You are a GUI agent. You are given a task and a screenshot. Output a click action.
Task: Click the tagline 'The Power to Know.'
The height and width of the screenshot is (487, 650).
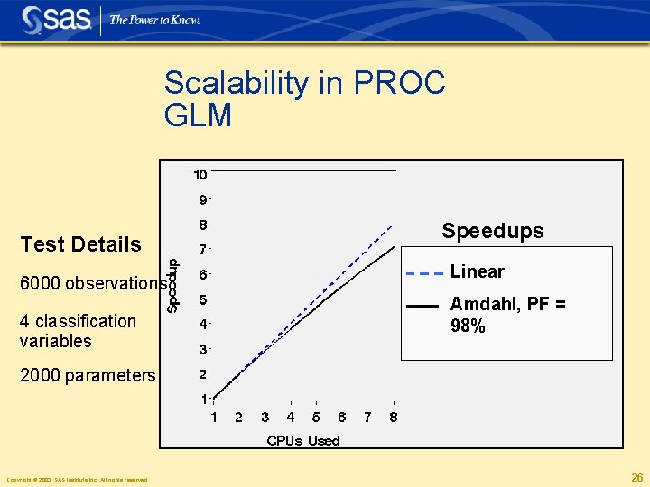coord(154,20)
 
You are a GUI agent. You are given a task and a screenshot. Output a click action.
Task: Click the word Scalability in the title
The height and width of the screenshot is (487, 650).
coord(236,84)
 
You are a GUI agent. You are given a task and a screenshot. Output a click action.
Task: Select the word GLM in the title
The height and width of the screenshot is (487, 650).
coord(198,115)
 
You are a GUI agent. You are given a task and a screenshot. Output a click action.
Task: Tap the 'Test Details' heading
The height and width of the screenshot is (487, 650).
coord(80,244)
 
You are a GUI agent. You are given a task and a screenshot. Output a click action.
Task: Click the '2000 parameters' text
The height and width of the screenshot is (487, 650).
coord(88,375)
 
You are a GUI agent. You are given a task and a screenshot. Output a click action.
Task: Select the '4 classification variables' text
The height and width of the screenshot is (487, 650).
coord(78,331)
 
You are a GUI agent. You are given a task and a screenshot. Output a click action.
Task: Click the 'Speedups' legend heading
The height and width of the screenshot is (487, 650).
coord(492,231)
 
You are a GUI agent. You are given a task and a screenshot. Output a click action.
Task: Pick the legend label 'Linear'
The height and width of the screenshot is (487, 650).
coord(477,271)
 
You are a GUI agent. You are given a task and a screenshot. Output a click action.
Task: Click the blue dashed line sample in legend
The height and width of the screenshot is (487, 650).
coord(423,272)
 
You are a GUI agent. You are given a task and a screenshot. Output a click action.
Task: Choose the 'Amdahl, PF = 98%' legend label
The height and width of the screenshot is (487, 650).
coord(507,315)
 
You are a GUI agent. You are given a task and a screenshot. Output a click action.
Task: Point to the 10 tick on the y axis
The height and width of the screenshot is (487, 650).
coord(200,174)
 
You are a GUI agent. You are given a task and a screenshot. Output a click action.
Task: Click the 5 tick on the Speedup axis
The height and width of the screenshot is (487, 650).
coord(203,299)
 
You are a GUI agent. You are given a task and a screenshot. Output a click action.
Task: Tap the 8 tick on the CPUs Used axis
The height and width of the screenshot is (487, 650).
coord(394,418)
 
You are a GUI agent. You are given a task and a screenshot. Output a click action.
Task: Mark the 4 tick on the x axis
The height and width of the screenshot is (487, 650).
coord(291,418)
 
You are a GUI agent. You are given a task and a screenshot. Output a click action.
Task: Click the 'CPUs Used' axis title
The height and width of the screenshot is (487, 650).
coord(302,440)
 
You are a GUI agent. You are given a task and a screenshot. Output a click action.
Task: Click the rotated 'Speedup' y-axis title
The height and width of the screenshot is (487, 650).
coord(173,283)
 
